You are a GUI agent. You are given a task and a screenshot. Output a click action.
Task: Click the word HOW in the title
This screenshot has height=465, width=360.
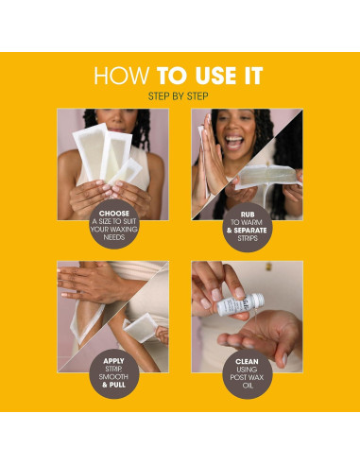[x=121, y=76]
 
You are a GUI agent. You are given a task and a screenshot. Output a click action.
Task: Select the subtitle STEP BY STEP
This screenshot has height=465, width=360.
[x=178, y=96]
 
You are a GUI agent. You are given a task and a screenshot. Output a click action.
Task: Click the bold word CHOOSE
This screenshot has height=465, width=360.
[x=114, y=214]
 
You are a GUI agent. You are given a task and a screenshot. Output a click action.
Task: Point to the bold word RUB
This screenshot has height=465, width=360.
[x=248, y=215]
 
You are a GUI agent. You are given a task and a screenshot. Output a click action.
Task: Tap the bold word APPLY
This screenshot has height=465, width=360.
[x=113, y=361]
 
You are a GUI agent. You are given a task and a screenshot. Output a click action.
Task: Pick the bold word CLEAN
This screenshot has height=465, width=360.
[x=247, y=362]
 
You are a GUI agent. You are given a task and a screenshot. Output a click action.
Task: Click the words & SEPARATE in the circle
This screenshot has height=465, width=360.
[x=247, y=231]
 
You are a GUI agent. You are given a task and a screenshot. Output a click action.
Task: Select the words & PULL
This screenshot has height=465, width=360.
[x=113, y=385]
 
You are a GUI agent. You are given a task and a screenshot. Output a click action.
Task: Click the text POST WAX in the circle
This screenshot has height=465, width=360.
[x=247, y=377]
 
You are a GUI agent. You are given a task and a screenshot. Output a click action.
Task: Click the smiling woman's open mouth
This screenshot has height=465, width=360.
[x=233, y=142]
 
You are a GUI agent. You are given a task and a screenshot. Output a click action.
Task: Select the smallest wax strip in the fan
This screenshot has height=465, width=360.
[x=127, y=172]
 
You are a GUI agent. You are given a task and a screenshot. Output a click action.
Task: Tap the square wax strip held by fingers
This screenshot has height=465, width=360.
[x=140, y=328]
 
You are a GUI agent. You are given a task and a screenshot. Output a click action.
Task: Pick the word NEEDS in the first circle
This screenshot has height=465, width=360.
[x=114, y=237]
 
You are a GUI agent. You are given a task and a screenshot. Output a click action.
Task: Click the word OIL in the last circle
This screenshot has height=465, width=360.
[x=248, y=386]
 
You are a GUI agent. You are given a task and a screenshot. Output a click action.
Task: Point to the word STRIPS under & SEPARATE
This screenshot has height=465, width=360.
[x=248, y=238]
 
